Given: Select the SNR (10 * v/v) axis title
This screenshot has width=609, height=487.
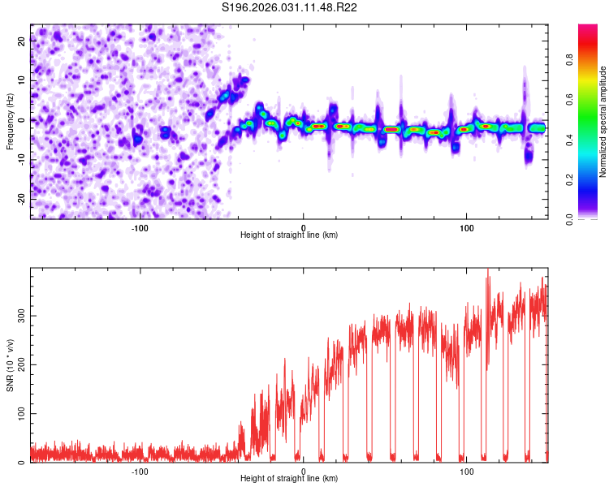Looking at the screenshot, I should click(10, 364).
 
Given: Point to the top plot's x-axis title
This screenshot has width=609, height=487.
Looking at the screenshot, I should click(289, 235).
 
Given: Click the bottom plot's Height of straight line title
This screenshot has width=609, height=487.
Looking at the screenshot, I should click(289, 478).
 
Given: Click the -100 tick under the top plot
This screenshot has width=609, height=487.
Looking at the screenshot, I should click(139, 226).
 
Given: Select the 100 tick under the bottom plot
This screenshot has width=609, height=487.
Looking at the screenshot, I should click(467, 470).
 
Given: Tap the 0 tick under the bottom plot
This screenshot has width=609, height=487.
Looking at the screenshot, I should click(303, 470).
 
